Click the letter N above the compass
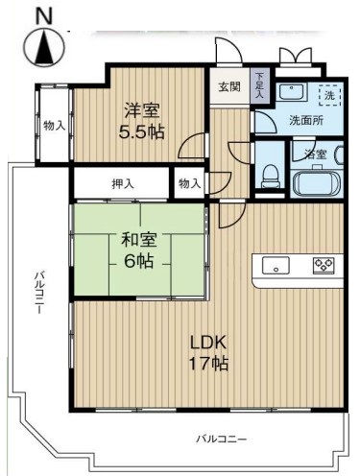pos(44,15)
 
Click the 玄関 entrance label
pos(229,86)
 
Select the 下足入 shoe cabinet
pos(259,85)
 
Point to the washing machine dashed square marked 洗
pos(329,95)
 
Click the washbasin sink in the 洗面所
pos(293,92)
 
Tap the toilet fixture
pos(270,177)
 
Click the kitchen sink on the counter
pos(276,266)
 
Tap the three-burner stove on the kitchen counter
pos(324,266)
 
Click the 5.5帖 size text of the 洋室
pos(141,131)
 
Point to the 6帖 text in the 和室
pos(138,261)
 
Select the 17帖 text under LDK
pos(208,364)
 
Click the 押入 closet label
pos(123,184)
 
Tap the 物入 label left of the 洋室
pos(55,126)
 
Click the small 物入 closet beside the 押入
pos(189,184)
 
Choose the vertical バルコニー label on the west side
pos(38,292)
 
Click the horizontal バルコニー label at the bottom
pos(222,439)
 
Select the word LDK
pos(208,343)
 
